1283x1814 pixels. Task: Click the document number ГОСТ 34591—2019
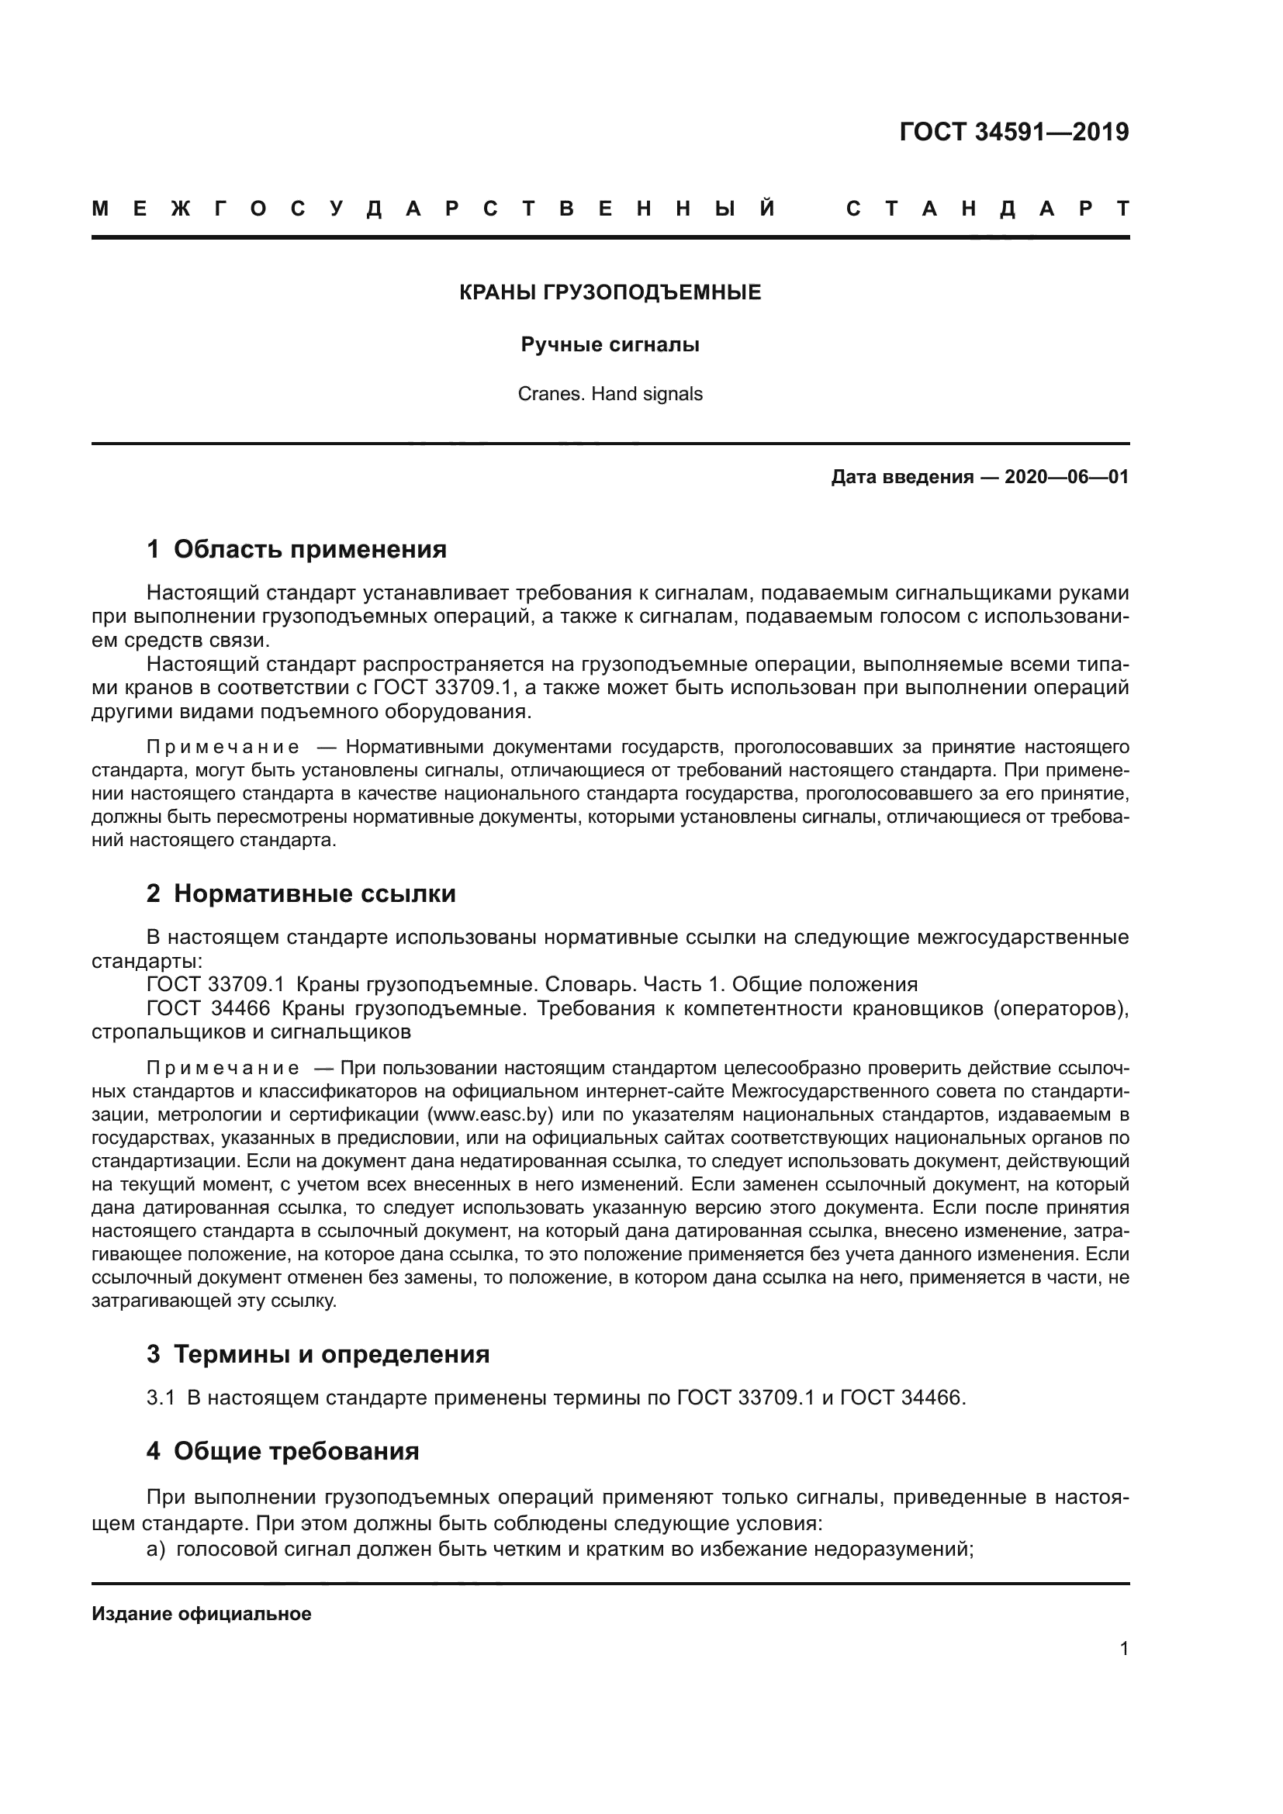click(1014, 132)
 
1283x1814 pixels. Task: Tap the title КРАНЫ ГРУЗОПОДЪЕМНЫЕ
click(610, 293)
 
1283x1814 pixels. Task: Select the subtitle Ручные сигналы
click(610, 345)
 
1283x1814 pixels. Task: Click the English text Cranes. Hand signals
click(610, 394)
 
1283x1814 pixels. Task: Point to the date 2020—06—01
click(1067, 477)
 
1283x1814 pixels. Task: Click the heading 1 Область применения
click(296, 549)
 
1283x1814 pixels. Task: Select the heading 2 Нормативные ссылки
click(301, 894)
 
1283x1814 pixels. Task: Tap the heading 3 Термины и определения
click(317, 1354)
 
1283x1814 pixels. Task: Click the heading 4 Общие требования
click(282, 1451)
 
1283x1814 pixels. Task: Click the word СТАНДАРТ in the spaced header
click(987, 209)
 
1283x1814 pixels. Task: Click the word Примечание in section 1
click(223, 748)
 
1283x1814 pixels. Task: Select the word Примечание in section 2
click(223, 1068)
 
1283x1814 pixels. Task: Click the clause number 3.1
click(161, 1398)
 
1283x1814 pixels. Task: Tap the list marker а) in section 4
click(156, 1549)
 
